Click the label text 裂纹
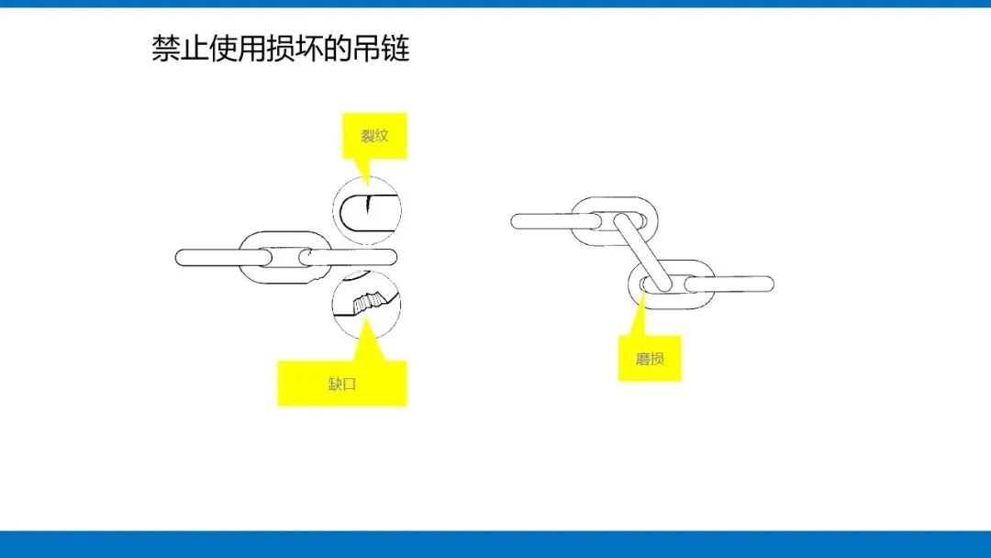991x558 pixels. tap(374, 137)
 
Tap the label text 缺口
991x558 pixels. tap(341, 384)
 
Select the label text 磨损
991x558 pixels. tap(650, 359)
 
